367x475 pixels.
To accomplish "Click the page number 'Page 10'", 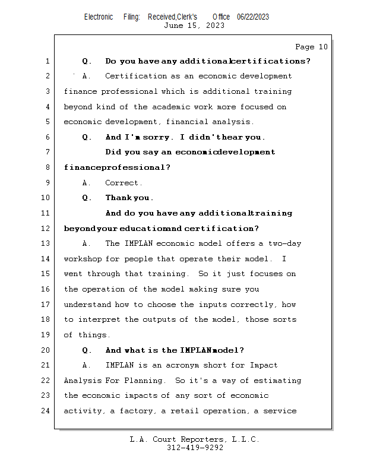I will [311, 47].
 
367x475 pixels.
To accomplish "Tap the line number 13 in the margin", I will [47, 243].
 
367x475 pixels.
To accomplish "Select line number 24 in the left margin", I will [47, 411].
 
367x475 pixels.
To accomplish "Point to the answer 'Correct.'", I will [124, 183].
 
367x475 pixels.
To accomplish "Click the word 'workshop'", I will [82, 259].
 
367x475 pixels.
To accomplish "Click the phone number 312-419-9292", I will [195, 448].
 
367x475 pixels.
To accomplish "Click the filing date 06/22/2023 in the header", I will [252, 17].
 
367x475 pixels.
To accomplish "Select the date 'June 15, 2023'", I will [194, 26].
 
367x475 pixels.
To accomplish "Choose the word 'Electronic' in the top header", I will [99, 17].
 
